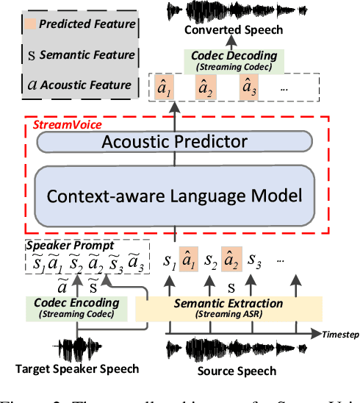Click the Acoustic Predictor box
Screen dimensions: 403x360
pos(175,142)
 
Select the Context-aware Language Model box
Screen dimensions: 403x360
pos(175,195)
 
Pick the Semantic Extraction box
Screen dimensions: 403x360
pos(228,308)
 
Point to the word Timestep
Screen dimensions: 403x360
pos(342,334)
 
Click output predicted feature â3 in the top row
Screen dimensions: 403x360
pos(249,90)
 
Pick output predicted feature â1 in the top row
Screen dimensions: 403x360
pos(163,90)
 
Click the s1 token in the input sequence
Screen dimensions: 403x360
pos(168,260)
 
